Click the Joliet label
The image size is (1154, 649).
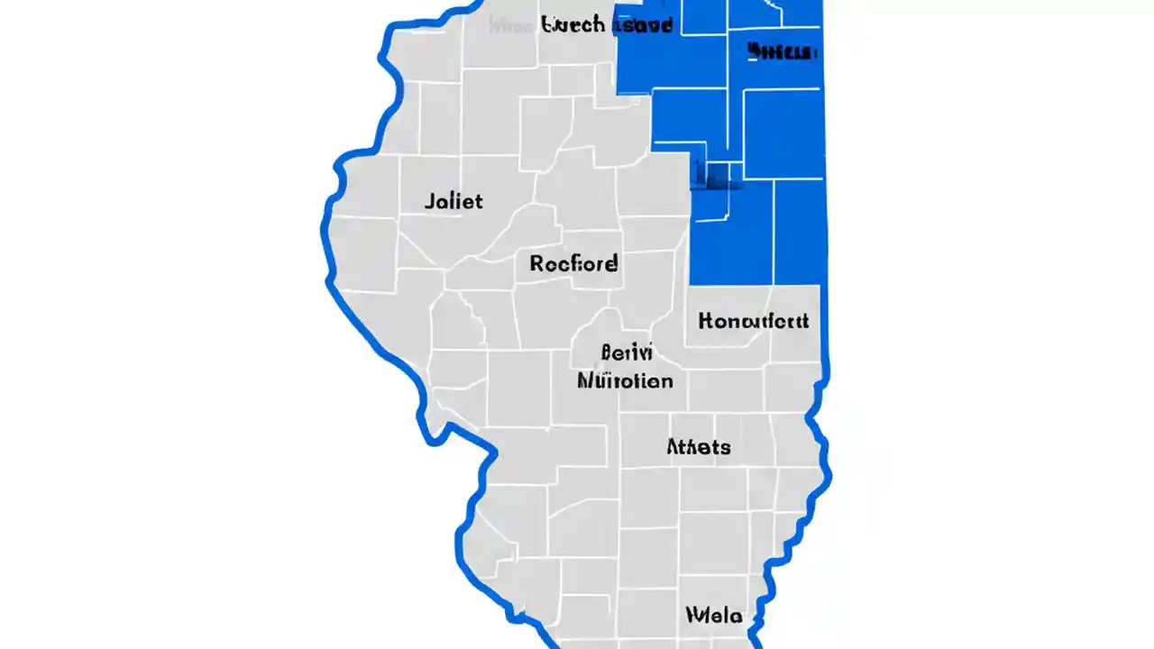pyautogui.click(x=453, y=200)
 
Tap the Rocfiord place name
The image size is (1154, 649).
pyautogui.click(x=573, y=263)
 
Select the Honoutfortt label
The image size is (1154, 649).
pyautogui.click(x=754, y=321)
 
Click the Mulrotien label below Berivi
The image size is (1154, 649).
pyautogui.click(x=625, y=379)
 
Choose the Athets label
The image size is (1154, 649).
pyautogui.click(x=699, y=446)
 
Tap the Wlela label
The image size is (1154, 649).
pyautogui.click(x=714, y=616)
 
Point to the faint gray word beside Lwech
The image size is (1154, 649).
pyautogui.click(x=513, y=24)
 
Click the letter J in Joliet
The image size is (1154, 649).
pyautogui.click(x=429, y=200)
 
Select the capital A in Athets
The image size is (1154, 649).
pyautogui.click(x=673, y=446)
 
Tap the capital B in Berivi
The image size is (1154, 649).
pyautogui.click(x=607, y=352)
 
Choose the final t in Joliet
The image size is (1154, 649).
pyautogui.click(x=478, y=200)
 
